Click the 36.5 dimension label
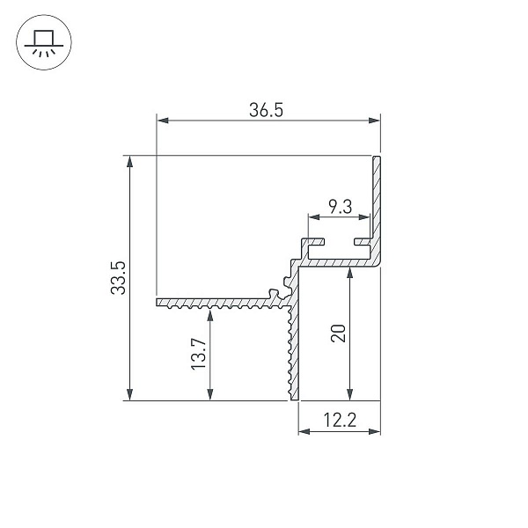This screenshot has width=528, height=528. [266, 110]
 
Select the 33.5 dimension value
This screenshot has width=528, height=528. [118, 278]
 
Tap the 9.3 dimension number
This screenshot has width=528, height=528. [340, 207]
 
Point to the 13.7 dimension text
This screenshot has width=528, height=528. [199, 355]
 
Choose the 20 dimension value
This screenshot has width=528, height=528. [338, 334]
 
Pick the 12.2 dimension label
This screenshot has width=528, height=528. [340, 420]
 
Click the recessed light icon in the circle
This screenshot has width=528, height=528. [44, 42]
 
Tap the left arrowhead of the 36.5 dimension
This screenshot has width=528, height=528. [163, 121]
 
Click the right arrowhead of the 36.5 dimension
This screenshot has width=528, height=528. [374, 121]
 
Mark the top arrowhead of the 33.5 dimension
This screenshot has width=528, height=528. [129, 162]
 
